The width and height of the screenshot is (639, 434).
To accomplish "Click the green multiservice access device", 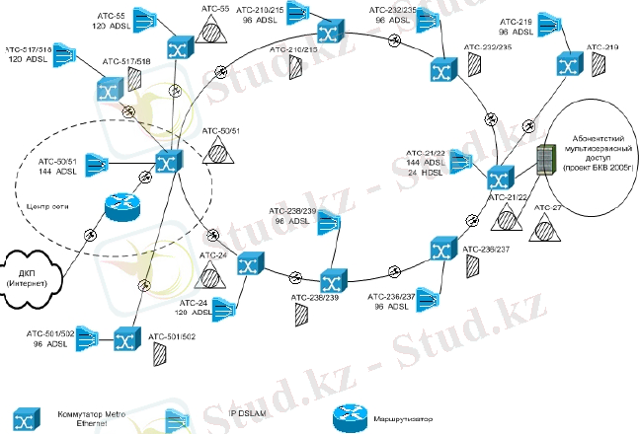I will (x=544, y=161).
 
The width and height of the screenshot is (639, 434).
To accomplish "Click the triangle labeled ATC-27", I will (x=539, y=230).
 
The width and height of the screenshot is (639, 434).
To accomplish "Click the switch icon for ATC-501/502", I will (x=125, y=340).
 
